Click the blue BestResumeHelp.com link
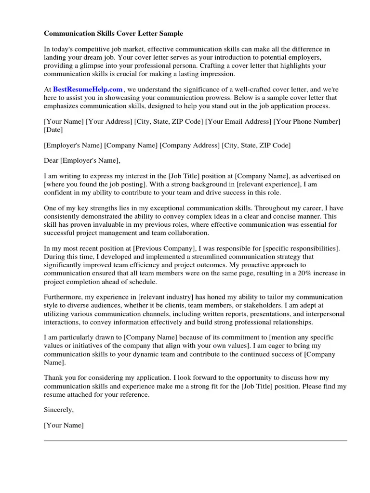click(x=88, y=89)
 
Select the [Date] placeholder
click(x=53, y=130)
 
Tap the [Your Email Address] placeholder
click(x=238, y=122)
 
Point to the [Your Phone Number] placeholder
click(x=307, y=122)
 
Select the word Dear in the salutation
click(x=51, y=160)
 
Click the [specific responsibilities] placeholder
click(x=301, y=248)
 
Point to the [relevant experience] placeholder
click(x=255, y=184)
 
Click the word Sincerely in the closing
click(x=59, y=410)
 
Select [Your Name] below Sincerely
click(x=64, y=425)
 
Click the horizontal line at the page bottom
click(x=195, y=440)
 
